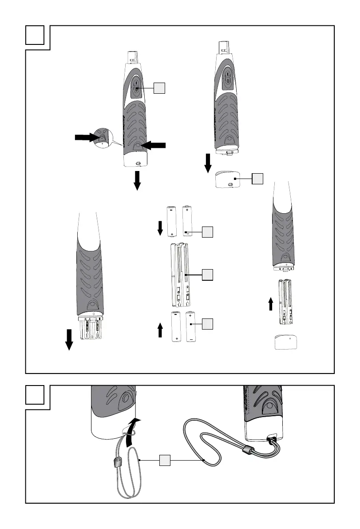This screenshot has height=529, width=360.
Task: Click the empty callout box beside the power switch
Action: click(x=160, y=88)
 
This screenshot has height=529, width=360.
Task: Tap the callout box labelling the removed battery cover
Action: click(x=258, y=179)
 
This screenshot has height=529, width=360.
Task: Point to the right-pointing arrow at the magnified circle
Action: click(x=87, y=138)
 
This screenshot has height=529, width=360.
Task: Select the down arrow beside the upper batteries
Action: click(x=160, y=228)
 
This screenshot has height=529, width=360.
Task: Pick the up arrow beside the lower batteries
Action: click(x=160, y=330)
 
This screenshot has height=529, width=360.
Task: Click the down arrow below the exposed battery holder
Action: click(x=69, y=340)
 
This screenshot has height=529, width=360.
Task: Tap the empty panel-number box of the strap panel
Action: click(x=35, y=394)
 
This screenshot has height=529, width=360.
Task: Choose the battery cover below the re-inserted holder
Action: click(x=286, y=343)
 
